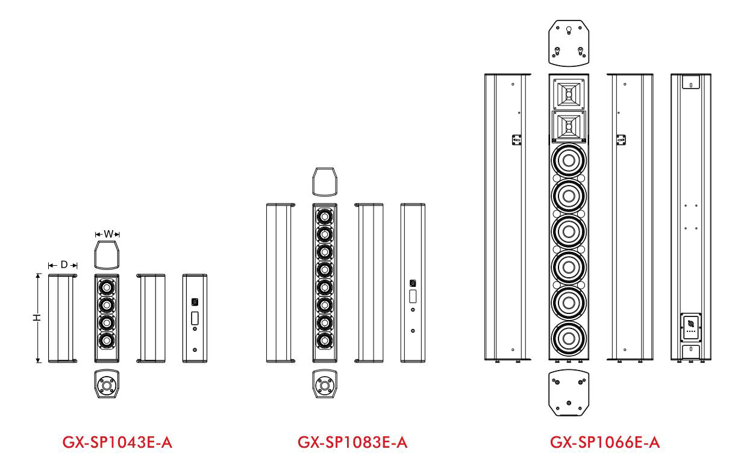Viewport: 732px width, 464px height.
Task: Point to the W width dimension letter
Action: (107, 233)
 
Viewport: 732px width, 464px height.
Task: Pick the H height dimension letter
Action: (37, 318)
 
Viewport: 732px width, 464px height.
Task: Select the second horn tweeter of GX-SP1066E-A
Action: (567, 127)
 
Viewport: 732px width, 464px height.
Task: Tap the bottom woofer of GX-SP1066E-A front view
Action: (567, 337)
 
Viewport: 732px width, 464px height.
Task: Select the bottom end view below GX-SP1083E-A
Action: (325, 384)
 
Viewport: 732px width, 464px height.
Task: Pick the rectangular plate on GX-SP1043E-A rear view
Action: (195, 318)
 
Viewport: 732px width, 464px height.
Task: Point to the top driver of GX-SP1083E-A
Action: (325, 216)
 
